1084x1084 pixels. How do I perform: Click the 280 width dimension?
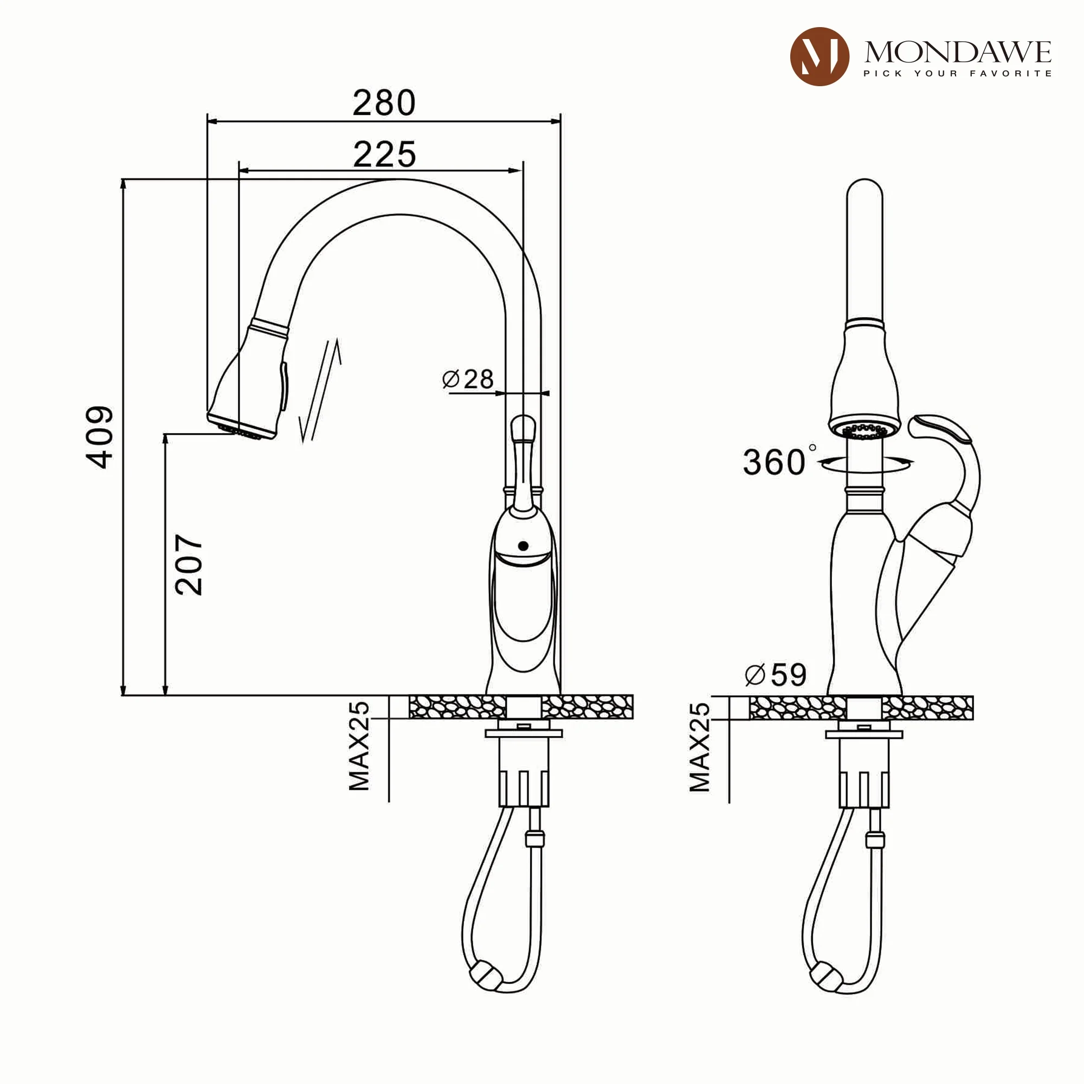point(384,103)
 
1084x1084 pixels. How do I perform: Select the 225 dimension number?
point(384,154)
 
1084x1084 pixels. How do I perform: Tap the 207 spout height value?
point(189,564)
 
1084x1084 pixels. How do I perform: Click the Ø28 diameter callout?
point(467,380)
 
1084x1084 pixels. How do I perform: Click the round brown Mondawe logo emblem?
point(819,57)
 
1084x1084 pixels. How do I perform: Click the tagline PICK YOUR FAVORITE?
point(957,74)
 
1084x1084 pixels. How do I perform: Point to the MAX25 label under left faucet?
point(359,746)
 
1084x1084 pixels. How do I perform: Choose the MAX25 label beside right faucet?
point(699,746)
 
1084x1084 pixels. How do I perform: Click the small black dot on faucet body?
point(524,545)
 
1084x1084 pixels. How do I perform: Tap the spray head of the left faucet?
point(250,387)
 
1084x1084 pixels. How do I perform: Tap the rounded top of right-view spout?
point(864,191)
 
